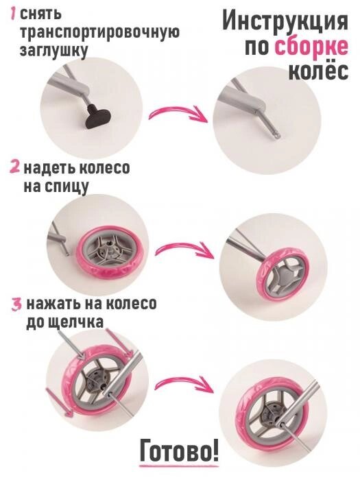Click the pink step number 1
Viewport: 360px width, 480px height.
13,14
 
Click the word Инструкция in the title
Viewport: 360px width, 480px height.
285,22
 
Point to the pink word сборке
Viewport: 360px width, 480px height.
311,47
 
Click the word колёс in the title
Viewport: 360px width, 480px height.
318,71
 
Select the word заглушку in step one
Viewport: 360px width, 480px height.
53,51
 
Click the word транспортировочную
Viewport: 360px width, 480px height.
100,32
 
